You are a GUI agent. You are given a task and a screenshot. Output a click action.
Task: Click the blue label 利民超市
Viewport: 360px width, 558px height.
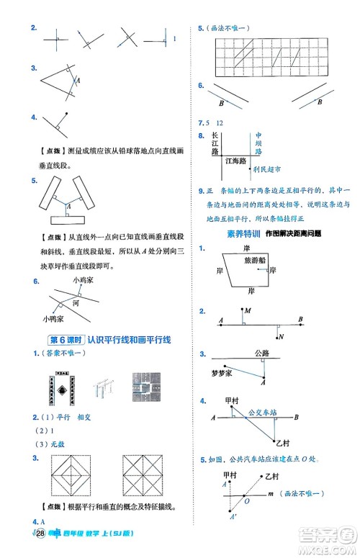point(266,170)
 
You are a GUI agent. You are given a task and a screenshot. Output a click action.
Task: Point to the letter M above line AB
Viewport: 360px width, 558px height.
point(247,310)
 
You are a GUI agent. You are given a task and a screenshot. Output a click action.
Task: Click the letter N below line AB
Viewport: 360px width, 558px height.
point(281,336)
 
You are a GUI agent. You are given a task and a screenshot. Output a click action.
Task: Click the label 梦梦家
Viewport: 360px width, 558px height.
point(222,374)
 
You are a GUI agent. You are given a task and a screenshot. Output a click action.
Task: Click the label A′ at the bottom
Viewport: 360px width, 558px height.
point(233,516)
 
